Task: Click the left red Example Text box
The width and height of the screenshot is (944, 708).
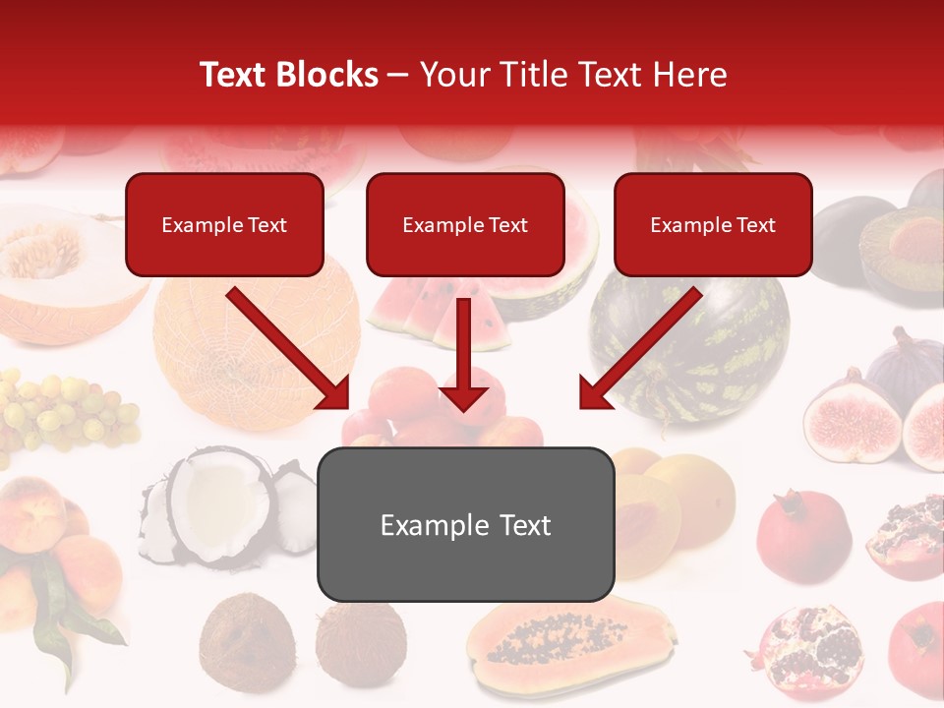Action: click(224, 224)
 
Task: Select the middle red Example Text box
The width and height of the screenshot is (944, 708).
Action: click(465, 224)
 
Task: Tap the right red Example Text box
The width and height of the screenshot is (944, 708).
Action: click(713, 224)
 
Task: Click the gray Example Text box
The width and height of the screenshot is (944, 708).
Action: click(465, 524)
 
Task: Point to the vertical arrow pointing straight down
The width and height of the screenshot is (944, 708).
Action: click(464, 354)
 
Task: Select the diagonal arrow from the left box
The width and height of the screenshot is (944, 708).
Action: click(290, 349)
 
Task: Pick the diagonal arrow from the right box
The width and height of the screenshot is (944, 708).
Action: click(639, 349)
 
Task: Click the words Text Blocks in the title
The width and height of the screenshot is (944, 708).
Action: click(289, 75)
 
